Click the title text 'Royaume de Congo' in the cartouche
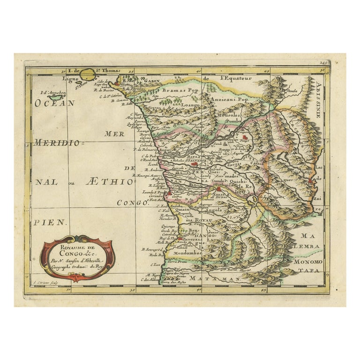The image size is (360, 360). point(75,247)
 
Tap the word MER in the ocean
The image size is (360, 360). point(114,134)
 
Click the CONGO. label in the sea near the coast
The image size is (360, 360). point(133,203)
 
